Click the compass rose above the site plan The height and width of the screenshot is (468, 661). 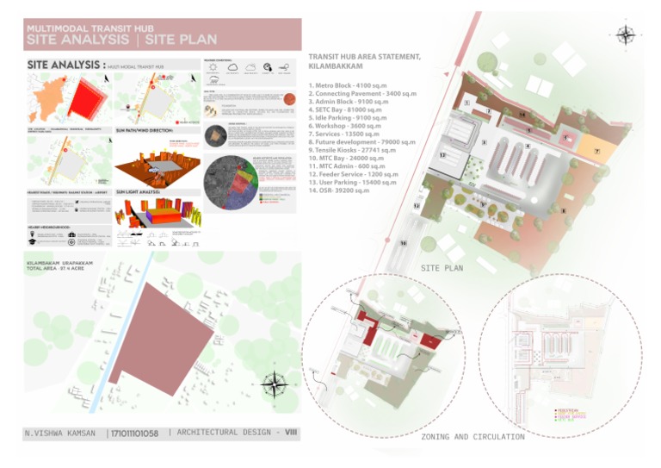625,34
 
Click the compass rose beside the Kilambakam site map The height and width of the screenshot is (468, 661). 274,385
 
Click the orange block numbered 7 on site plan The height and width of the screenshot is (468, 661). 596,152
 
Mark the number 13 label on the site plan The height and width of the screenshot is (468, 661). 442,156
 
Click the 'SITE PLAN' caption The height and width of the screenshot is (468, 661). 442,268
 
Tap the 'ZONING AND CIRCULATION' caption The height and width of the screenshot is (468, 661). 473,437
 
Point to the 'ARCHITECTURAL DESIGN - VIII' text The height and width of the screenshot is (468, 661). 232,433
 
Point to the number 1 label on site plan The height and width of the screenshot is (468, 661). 466,103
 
